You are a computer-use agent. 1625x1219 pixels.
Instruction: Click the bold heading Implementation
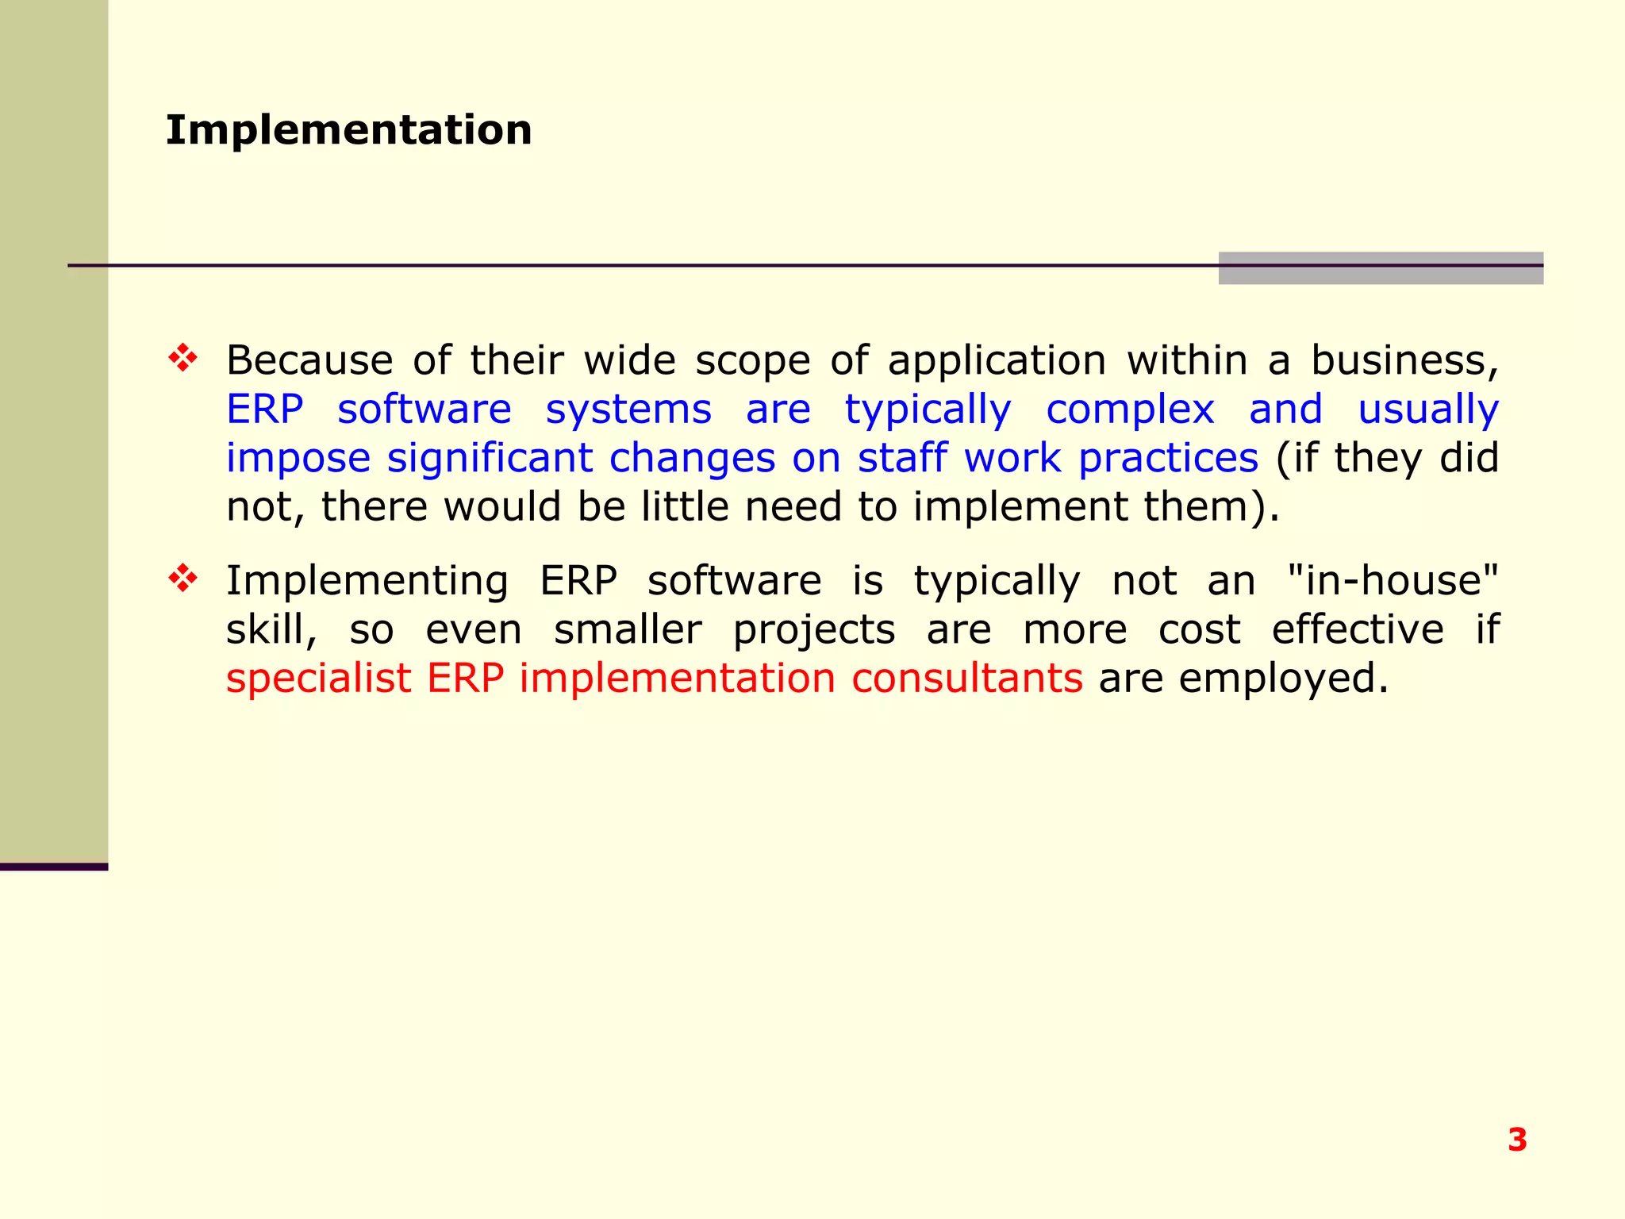(348, 130)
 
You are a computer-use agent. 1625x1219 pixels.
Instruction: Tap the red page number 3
(1517, 1140)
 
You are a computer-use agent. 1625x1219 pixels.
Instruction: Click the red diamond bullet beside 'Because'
(182, 358)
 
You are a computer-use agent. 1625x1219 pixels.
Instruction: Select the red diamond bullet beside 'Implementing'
(182, 579)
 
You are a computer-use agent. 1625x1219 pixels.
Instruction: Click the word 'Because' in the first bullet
(309, 360)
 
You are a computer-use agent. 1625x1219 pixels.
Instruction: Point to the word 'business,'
(1404, 360)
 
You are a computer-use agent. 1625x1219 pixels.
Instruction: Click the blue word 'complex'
(1130, 410)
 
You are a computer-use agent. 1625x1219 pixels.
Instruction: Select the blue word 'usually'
(1428, 410)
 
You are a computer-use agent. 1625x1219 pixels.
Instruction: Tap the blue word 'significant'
(490, 459)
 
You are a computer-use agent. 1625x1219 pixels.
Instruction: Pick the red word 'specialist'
(319, 679)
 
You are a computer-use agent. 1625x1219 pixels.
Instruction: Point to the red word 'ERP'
(466, 679)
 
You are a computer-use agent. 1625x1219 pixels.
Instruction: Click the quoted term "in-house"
(1393, 580)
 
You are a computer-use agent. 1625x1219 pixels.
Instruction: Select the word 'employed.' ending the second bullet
(1284, 679)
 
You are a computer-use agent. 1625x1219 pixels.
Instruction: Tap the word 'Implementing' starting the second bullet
(367, 582)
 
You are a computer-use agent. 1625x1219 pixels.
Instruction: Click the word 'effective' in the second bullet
(1358, 630)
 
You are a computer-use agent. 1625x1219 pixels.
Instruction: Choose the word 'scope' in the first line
(753, 362)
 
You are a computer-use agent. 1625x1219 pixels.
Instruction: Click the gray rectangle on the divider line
(1381, 268)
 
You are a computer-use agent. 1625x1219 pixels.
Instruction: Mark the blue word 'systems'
(628, 410)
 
